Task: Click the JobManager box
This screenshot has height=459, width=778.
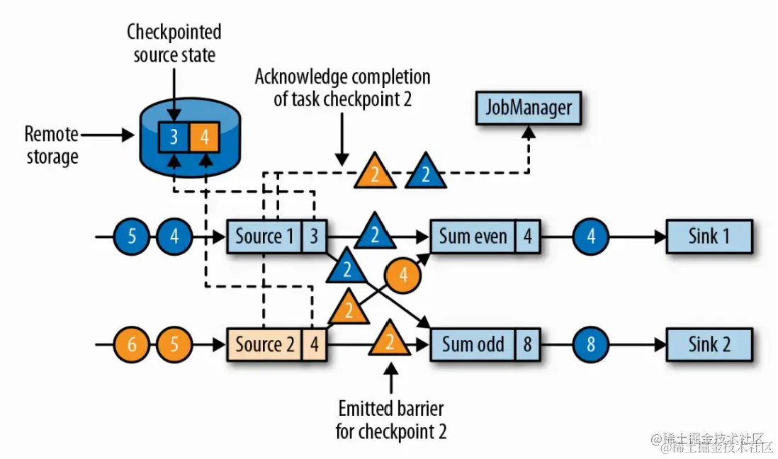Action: click(528, 109)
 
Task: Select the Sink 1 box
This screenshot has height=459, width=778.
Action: click(709, 236)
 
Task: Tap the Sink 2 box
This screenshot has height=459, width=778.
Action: click(709, 345)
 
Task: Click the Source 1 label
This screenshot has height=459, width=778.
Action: click(264, 236)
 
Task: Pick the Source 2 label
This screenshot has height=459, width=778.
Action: click(264, 345)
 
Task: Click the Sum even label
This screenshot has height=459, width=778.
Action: click(473, 236)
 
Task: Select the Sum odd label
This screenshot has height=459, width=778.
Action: click(473, 345)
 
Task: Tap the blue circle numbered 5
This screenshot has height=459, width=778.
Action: click(132, 236)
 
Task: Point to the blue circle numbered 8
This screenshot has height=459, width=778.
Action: click(591, 345)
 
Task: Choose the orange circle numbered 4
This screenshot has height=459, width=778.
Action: click(404, 276)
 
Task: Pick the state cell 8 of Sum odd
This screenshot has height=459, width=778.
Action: click(527, 345)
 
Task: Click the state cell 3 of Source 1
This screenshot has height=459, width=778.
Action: click(314, 236)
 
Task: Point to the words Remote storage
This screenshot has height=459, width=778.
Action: click(51, 145)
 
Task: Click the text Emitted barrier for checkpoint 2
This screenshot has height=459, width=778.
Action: click(391, 420)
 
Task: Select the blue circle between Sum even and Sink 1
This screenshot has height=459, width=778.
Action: click(591, 236)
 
